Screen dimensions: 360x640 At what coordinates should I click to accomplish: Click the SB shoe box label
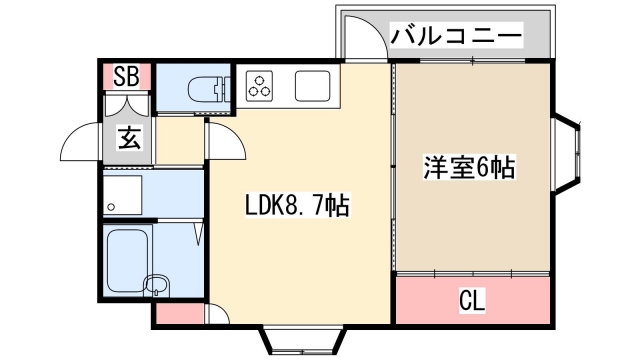126,75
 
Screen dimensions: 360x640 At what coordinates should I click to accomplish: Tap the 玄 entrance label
129,138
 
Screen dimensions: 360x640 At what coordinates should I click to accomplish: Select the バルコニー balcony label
456,37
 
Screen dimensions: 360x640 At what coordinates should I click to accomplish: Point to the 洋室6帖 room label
470,168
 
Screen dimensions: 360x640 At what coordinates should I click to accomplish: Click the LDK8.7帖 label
297,207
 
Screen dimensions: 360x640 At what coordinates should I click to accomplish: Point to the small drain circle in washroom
113,208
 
